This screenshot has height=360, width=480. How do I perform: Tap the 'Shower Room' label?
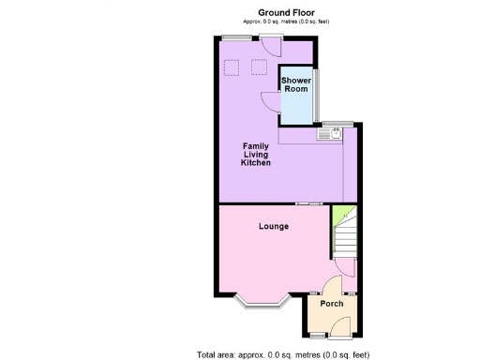tap(296, 85)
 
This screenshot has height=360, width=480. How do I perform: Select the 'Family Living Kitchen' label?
tap(256, 155)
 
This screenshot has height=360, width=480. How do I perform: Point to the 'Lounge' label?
tap(274, 227)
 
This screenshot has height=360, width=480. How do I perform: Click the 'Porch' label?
tap(332, 304)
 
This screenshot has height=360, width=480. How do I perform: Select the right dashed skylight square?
tap(260, 67)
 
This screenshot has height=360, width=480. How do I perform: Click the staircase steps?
tap(343, 240)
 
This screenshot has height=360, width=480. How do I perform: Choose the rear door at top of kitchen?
tap(274, 42)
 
